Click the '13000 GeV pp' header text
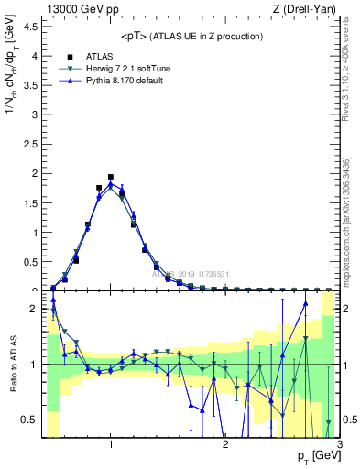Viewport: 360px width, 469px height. click(79, 9)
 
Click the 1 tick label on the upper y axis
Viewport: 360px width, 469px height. click(34, 232)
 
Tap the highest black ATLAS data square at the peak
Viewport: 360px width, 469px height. click(111, 177)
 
